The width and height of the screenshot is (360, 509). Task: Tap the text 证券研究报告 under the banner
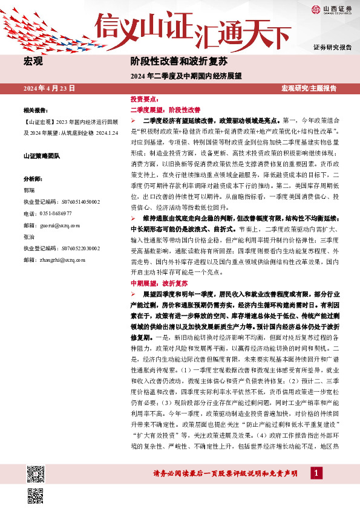coord(332,47)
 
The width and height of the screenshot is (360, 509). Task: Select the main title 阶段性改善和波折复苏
coord(178,62)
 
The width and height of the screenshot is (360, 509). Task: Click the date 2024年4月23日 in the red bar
coord(49,88)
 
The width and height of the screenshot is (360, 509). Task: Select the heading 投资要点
coord(144,99)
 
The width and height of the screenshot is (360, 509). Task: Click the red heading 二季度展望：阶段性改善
coord(165,110)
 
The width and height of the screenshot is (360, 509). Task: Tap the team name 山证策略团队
coord(42,156)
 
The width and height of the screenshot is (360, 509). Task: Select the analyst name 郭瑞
coord(28,190)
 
